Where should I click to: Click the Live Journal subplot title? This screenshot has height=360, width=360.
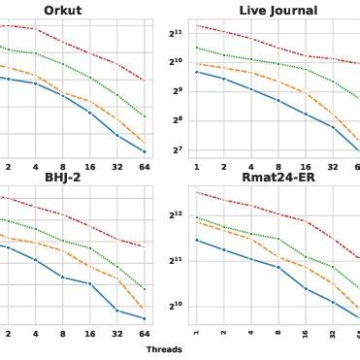pos(278,11)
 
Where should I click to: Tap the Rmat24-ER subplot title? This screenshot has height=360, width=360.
pos(278,178)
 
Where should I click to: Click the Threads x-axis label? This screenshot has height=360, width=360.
pos(164,349)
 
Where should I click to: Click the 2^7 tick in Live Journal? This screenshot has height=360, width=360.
pos(177,149)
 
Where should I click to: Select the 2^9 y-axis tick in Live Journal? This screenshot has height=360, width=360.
pos(177,91)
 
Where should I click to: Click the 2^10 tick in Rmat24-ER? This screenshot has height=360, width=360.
pos(176,307)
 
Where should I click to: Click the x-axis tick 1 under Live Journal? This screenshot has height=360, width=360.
pos(196,167)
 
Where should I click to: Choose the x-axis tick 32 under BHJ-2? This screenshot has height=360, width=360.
pos(116,332)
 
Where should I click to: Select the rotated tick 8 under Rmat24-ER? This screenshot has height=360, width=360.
pos(278,334)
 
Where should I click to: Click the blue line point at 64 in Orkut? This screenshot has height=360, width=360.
pos(144,151)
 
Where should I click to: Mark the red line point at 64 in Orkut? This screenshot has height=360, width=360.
pos(144,81)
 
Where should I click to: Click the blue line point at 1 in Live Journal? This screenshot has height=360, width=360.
pos(196,72)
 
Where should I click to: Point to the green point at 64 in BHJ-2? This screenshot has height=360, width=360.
pos(144,288)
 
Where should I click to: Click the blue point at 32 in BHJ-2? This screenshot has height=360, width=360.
pos(116,310)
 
